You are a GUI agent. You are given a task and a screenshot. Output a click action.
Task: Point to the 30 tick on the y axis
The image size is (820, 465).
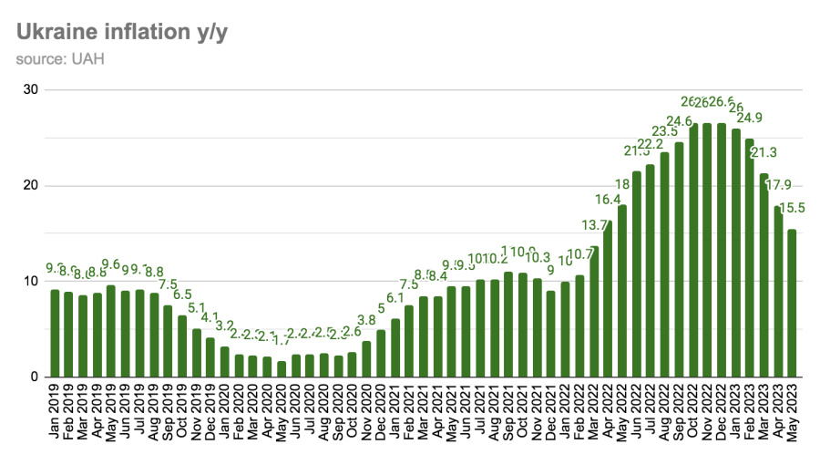click(x=30, y=89)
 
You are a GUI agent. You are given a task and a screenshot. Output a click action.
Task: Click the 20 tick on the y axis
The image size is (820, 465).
click(x=30, y=185)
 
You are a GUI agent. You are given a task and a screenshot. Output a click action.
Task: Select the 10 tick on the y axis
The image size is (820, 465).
click(x=30, y=281)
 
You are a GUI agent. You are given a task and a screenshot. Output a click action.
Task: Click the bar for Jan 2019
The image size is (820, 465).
click(x=55, y=333)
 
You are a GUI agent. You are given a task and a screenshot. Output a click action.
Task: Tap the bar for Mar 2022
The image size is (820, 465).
click(x=594, y=311)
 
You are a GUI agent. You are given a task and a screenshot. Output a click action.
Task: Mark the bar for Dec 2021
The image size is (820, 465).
click(x=551, y=334)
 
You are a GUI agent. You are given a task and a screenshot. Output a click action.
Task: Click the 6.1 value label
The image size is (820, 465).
click(x=395, y=298)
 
